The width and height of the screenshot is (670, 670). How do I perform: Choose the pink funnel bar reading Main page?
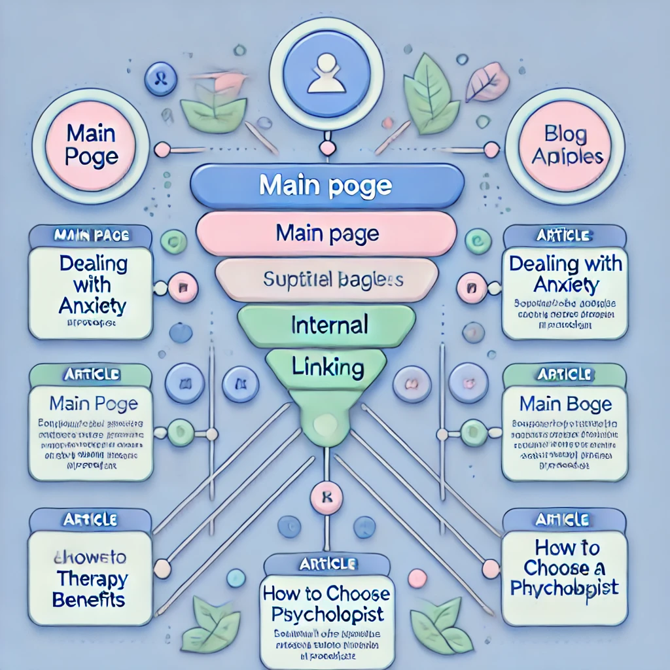pyautogui.click(x=327, y=232)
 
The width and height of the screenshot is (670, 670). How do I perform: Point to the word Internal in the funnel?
pyautogui.click(x=329, y=325)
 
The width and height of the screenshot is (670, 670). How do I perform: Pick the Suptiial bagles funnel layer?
pyautogui.click(x=333, y=280)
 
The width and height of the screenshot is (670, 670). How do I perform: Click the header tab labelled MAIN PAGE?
pyautogui.click(x=90, y=235)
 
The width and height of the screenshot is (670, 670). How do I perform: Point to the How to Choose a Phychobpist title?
pyautogui.click(x=564, y=567)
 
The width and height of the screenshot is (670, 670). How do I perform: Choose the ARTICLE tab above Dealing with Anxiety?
pyautogui.click(x=564, y=235)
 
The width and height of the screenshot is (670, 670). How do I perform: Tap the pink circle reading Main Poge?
pyautogui.click(x=92, y=146)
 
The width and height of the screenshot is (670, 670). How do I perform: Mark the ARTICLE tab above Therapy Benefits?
pyautogui.click(x=90, y=520)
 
